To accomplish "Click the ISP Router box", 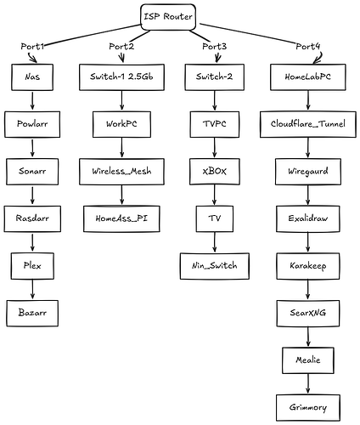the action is point(168,17).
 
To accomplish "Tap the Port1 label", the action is point(32,46).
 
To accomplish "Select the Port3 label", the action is point(214,46).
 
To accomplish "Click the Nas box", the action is point(32,77).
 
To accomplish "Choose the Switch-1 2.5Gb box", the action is point(121,77).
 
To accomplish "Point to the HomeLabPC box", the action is point(308,77).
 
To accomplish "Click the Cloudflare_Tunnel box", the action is point(308,124).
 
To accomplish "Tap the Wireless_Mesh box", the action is point(121,172).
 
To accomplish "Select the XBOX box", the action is point(215,172).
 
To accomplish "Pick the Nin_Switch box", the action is point(215,266).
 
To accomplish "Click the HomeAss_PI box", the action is point(121,219).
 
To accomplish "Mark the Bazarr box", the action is point(32,314).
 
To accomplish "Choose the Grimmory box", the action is point(308,408).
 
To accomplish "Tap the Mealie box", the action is point(308,360).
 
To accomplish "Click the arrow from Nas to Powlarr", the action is point(32,100).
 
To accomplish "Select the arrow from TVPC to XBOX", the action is point(215,148).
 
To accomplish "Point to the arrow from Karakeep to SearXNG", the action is point(308,290).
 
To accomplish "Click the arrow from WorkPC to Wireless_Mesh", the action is point(121,148).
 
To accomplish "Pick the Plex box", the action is point(32,266).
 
